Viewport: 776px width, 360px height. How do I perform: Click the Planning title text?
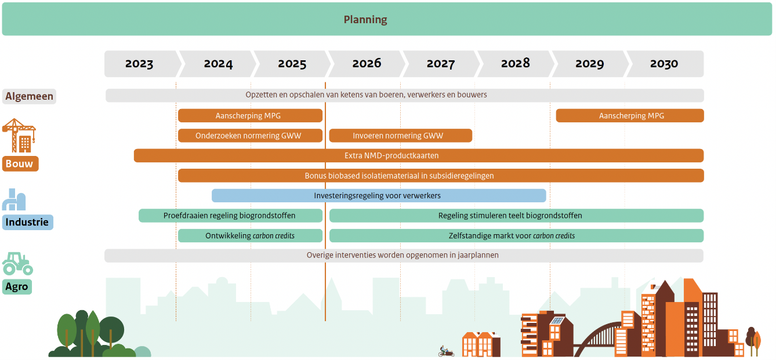[x=365, y=20]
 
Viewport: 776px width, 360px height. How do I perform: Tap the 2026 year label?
[x=367, y=63]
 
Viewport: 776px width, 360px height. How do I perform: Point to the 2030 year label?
[x=663, y=64]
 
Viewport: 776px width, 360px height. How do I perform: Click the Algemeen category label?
[x=29, y=96]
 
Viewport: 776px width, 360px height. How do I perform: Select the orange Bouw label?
[x=20, y=163]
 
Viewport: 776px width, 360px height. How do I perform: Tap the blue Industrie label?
[x=27, y=222]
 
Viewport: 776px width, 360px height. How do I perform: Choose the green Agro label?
[x=17, y=287]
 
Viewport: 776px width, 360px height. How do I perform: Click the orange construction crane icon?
[x=19, y=135]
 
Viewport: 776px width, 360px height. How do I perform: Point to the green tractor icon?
[x=17, y=264]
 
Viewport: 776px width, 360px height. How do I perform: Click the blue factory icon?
[x=14, y=199]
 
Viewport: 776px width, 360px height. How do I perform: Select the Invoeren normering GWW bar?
[x=401, y=136]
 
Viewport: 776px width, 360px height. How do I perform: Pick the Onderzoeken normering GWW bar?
[x=250, y=136]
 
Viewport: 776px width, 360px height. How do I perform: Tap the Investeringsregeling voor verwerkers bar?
[x=379, y=195]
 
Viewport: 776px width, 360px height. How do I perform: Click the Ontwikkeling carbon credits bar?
[x=250, y=236]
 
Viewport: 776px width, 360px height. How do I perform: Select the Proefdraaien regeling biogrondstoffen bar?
[x=230, y=216]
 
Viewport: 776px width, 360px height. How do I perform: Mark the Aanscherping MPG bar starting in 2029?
[x=630, y=115]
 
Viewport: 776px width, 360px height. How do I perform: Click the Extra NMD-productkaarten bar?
[x=419, y=156]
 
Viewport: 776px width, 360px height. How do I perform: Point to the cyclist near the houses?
[x=446, y=351]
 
